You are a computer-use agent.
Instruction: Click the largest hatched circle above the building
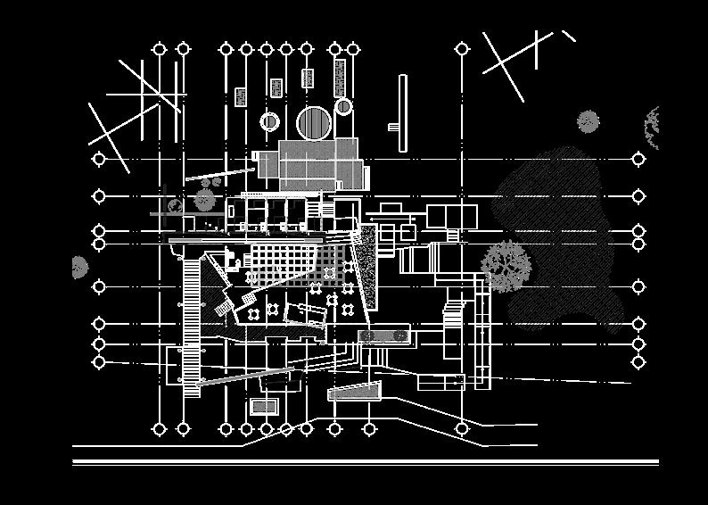coord(314,123)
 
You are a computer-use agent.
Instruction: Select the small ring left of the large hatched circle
coord(269,121)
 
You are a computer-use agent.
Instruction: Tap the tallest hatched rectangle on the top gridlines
coord(339,78)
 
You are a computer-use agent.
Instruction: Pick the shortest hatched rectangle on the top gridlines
coord(241,96)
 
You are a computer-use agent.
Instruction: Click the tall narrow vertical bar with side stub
coord(402,112)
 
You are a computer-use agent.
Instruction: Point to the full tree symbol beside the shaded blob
coord(506,265)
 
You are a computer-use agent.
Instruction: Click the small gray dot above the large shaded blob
coord(588,120)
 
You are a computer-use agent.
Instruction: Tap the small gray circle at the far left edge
coord(78,266)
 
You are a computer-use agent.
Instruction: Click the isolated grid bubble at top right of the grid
coord(462,49)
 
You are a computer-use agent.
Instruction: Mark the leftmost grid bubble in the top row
coord(160,49)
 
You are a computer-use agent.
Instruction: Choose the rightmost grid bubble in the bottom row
coord(462,429)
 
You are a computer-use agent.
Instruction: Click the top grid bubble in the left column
coord(99,160)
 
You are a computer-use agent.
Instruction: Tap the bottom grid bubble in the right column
coord(638,362)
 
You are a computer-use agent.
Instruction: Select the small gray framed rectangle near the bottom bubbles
coord(264,407)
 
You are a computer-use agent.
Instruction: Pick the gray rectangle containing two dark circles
coord(383,335)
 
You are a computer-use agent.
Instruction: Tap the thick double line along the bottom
coord(366,462)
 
